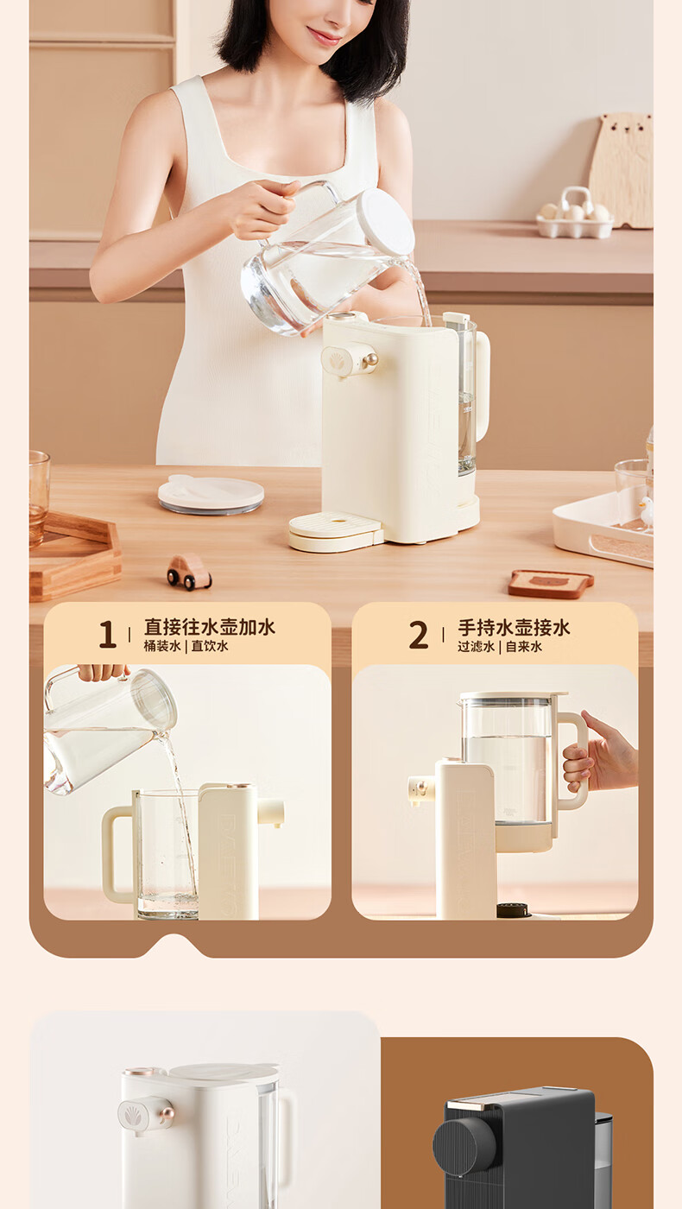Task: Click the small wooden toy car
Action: (x=189, y=572)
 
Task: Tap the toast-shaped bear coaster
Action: (x=551, y=584)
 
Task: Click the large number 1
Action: (x=107, y=634)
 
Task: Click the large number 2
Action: (x=419, y=634)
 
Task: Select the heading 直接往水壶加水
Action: (x=209, y=627)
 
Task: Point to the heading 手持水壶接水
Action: (x=514, y=628)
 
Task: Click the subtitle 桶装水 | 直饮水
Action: (x=186, y=646)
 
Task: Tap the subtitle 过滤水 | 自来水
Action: (x=500, y=647)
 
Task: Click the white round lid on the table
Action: (x=211, y=494)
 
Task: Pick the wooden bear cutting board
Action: (x=622, y=169)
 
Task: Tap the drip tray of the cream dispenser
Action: (x=336, y=532)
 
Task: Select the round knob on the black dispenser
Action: (x=464, y=1142)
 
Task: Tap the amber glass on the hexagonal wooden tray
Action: (x=39, y=499)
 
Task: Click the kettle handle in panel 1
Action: (x=117, y=855)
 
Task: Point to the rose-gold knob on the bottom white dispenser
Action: (x=167, y=1113)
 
